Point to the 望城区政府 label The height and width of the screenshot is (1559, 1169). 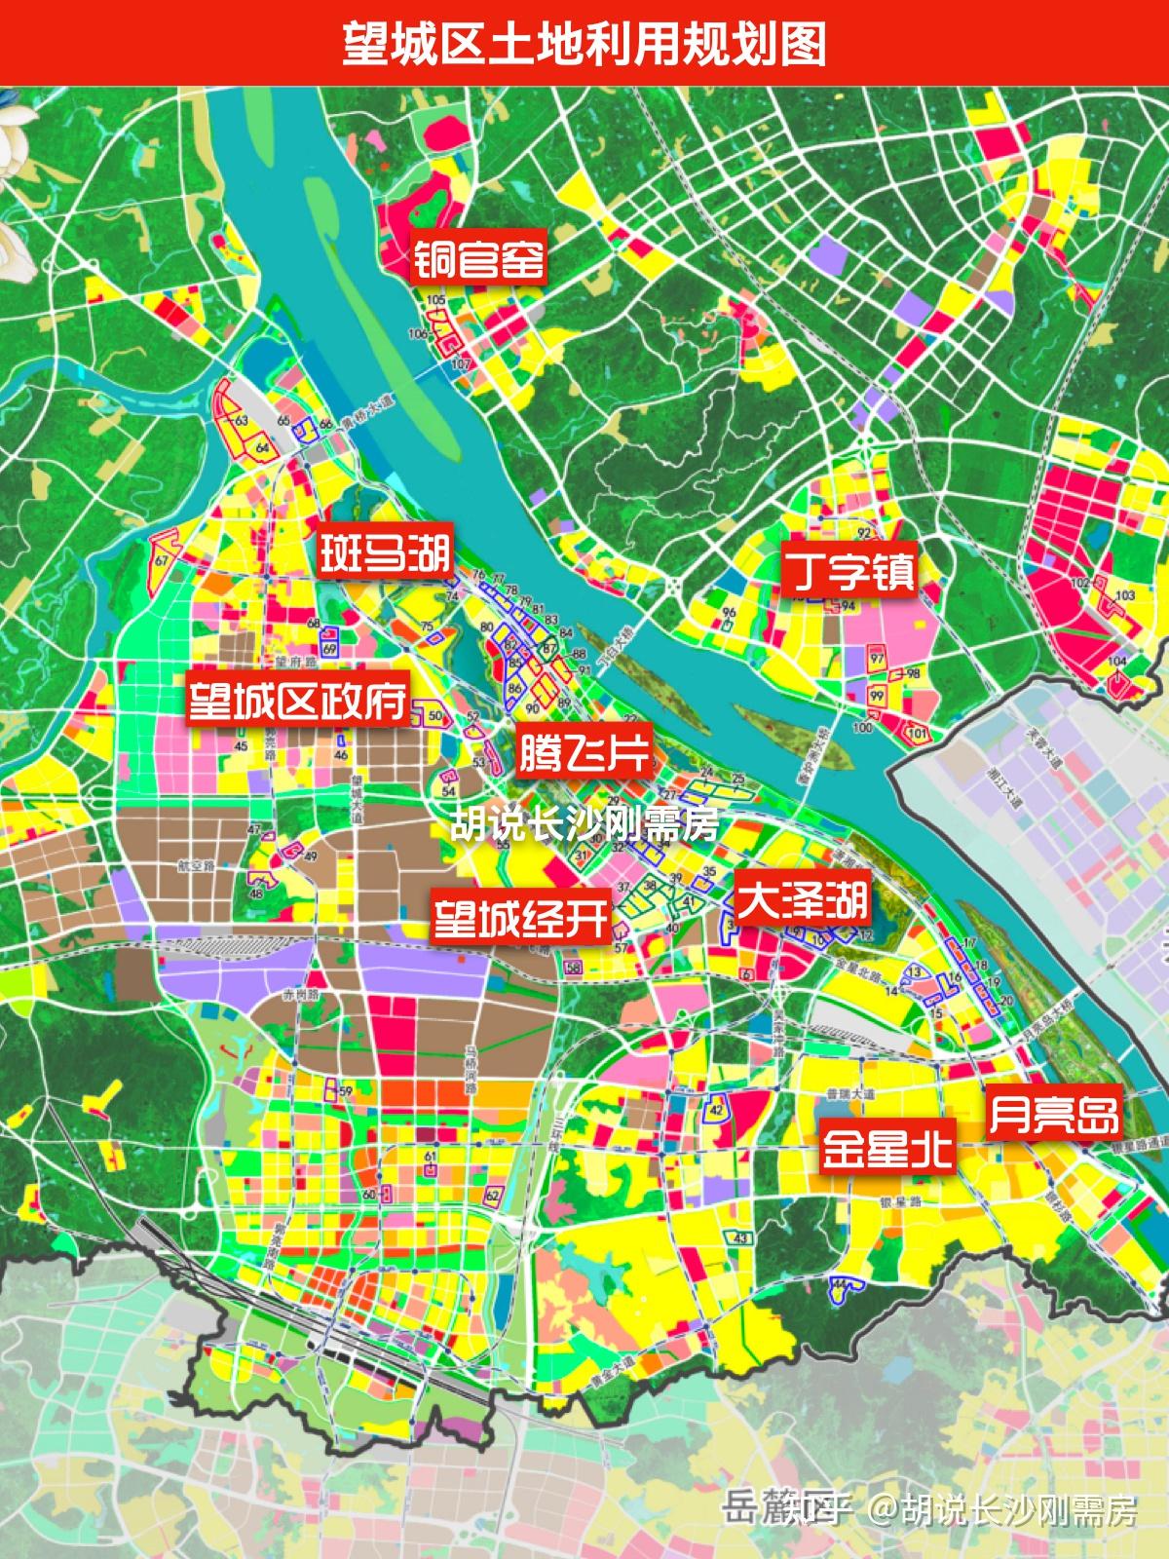298,700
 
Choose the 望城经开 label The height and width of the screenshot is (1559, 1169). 522,918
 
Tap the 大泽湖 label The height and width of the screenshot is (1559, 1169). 802,899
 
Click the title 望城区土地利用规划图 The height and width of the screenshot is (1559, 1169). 584,44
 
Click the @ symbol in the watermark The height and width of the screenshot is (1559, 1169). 884,1511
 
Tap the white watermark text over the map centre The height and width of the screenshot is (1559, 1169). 584,825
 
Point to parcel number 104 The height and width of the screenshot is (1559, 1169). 1117,662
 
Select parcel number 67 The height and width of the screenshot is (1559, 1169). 162,562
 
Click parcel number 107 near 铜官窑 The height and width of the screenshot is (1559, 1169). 461,363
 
